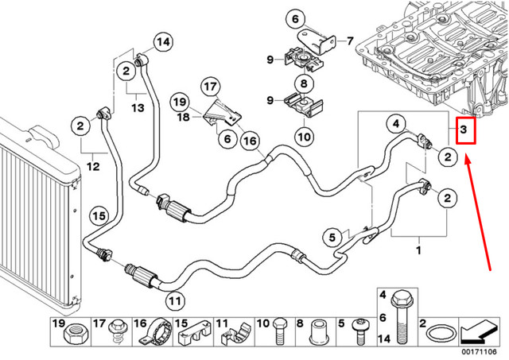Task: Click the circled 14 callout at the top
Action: coord(162,42)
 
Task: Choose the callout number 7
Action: coord(348,40)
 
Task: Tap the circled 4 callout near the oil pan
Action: coord(394,122)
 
